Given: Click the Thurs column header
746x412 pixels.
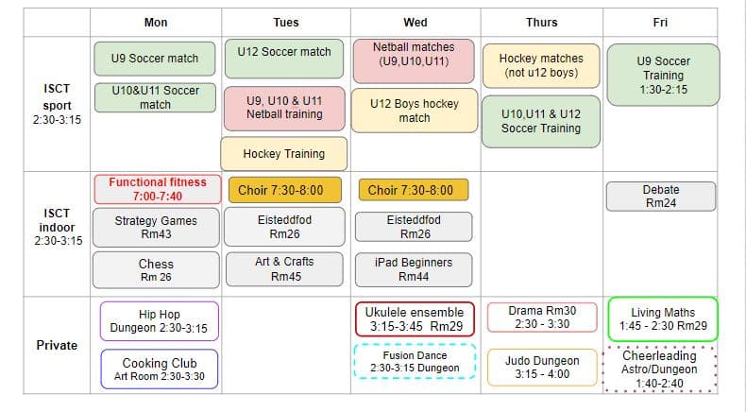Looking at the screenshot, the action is click(541, 23).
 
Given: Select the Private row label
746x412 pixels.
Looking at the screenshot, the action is click(57, 345).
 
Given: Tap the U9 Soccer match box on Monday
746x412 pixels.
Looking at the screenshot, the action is click(155, 59).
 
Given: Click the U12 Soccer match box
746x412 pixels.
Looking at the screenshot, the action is click(284, 59).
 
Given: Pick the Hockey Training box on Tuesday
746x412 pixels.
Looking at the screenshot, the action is click(284, 154).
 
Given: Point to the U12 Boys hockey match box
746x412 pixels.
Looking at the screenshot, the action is click(415, 111).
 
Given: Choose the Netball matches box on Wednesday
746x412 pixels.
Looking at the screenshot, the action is click(414, 61).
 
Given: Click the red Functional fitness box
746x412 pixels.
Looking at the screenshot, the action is click(158, 189).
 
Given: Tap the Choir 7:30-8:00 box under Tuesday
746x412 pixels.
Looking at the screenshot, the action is click(285, 190).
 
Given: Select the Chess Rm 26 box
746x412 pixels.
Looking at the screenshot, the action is click(156, 270).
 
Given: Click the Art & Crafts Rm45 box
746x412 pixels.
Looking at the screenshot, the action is click(284, 269).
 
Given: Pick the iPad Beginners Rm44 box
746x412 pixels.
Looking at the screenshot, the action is click(414, 269).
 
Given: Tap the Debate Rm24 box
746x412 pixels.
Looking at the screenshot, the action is click(661, 197).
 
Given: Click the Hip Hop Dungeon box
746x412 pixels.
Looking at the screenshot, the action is click(160, 321).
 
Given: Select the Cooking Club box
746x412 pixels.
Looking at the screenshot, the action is click(160, 369).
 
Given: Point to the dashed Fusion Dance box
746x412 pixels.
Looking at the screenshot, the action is click(415, 362).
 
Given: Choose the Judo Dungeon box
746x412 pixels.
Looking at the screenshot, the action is click(542, 368).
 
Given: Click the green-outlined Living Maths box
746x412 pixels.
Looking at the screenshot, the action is click(663, 319).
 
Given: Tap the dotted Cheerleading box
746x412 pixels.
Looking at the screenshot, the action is click(659, 369).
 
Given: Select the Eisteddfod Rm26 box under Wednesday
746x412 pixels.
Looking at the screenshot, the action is click(414, 227).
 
